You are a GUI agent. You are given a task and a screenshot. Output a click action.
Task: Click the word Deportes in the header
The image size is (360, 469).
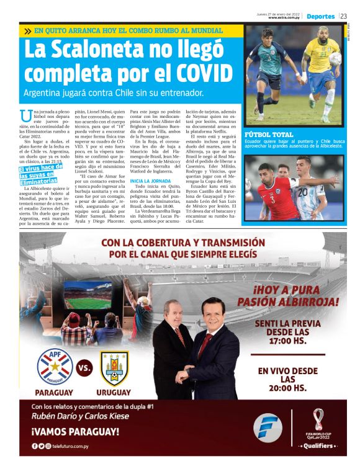pos(320,16)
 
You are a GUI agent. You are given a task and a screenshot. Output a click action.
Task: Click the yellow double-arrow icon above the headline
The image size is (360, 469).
pos(27,30)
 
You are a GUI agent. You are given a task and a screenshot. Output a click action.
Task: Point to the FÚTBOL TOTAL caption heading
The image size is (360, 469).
pos(269,134)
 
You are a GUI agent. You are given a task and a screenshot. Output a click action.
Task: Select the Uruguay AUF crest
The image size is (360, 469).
pos(114,368)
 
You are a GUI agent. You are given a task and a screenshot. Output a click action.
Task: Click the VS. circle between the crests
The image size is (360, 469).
pos(84,368)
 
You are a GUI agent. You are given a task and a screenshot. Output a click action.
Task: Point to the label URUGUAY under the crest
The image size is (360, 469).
pos(114,392)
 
